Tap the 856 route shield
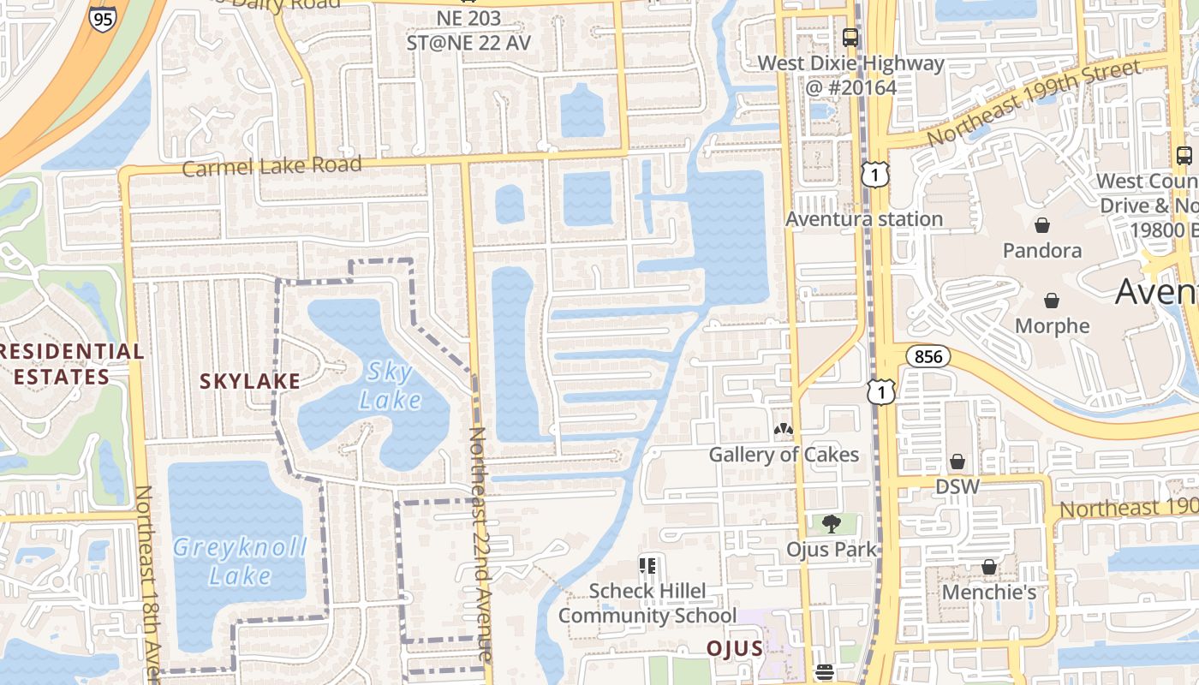coord(928,356)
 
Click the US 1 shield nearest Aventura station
coord(875,176)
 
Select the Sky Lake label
coord(390,385)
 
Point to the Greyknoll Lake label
coord(239,561)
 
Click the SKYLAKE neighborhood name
coord(250,381)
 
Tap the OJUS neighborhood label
coord(734,648)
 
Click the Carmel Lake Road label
coord(271,165)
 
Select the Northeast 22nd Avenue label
coord(479,543)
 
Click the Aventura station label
coord(864,219)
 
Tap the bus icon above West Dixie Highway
coord(850,38)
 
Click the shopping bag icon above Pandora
coord(1042,225)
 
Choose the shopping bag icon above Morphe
coord(1051,301)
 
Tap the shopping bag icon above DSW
coord(957,462)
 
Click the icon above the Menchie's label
coord(988,567)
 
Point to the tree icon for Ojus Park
coord(830,523)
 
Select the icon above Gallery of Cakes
coord(783,428)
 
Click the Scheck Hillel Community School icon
coord(647,565)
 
